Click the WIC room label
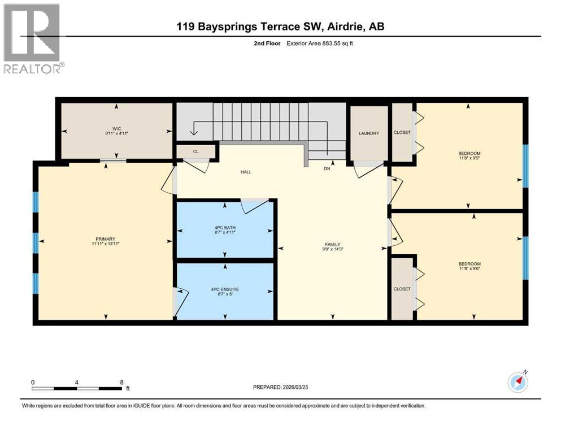(116, 129)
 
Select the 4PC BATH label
(225, 228)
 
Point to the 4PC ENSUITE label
(225, 289)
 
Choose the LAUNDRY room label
(368, 133)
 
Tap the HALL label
(245, 172)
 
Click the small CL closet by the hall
(195, 151)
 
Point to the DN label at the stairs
(327, 168)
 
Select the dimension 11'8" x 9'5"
(469, 159)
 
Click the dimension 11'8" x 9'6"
(469, 270)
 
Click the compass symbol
(517, 383)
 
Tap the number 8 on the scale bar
(122, 382)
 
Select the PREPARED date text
(290, 388)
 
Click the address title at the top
(280, 27)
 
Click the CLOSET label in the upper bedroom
(402, 132)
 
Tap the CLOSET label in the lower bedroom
(402, 289)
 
